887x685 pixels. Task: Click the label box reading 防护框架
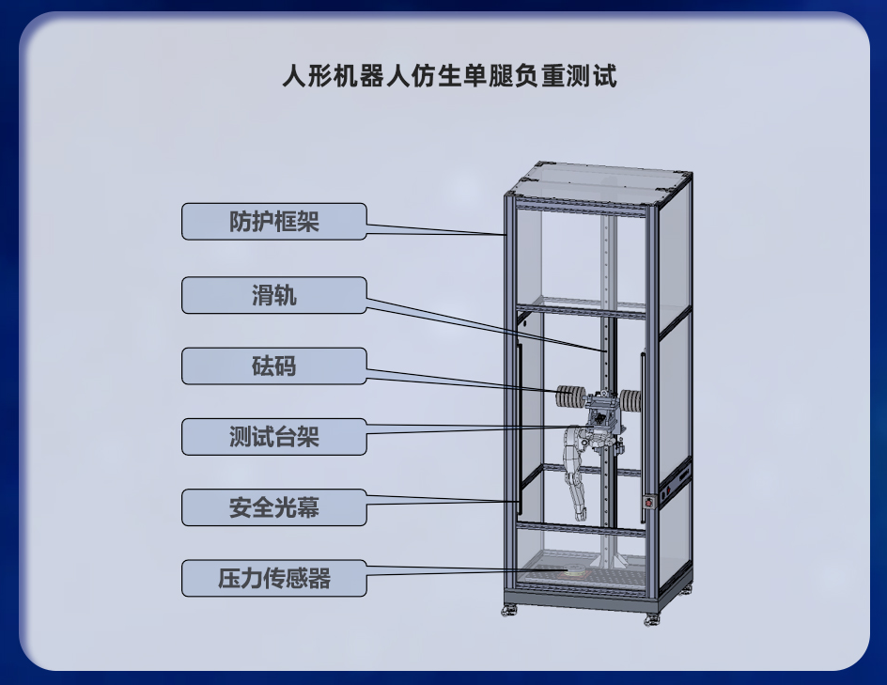pyautogui.click(x=273, y=221)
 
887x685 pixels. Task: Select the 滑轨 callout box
pyautogui.click(x=273, y=295)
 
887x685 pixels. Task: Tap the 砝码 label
pyautogui.click(x=273, y=366)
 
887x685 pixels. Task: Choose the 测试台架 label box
pyautogui.click(x=273, y=437)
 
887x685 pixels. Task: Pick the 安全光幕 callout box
pyautogui.click(x=273, y=507)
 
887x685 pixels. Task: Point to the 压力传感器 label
pyautogui.click(x=273, y=578)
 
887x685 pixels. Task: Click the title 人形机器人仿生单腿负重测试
pyautogui.click(x=450, y=76)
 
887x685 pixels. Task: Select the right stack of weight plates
pyautogui.click(x=630, y=399)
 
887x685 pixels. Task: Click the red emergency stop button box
pyautogui.click(x=649, y=502)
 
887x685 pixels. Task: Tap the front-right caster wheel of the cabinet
pyautogui.click(x=650, y=620)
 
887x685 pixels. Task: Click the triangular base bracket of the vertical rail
pyautogui.click(x=609, y=560)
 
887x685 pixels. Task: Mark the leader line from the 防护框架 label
pyautogui.click(x=436, y=229)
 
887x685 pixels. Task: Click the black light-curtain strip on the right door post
pyautogui.click(x=644, y=438)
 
